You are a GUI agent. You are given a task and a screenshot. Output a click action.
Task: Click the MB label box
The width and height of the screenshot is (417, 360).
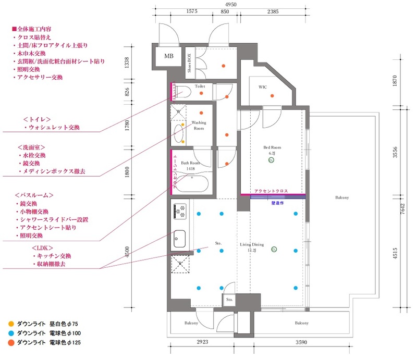coord(169,56)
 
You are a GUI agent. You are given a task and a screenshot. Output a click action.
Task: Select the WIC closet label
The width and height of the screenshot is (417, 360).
coord(262,87)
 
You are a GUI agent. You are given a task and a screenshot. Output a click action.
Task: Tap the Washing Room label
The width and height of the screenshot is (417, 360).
coord(199,125)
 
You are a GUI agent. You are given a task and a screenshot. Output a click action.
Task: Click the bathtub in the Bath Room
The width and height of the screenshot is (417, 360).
coord(193,184)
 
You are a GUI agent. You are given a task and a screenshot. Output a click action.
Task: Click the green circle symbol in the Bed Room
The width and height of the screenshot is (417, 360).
coord(271,161)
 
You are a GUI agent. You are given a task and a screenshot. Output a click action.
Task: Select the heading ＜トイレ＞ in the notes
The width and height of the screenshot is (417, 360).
coord(36,118)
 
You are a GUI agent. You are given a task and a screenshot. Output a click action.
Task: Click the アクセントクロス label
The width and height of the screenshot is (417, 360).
coord(271,191)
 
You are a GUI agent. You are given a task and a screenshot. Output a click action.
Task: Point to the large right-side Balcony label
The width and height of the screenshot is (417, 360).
coord(342,198)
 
